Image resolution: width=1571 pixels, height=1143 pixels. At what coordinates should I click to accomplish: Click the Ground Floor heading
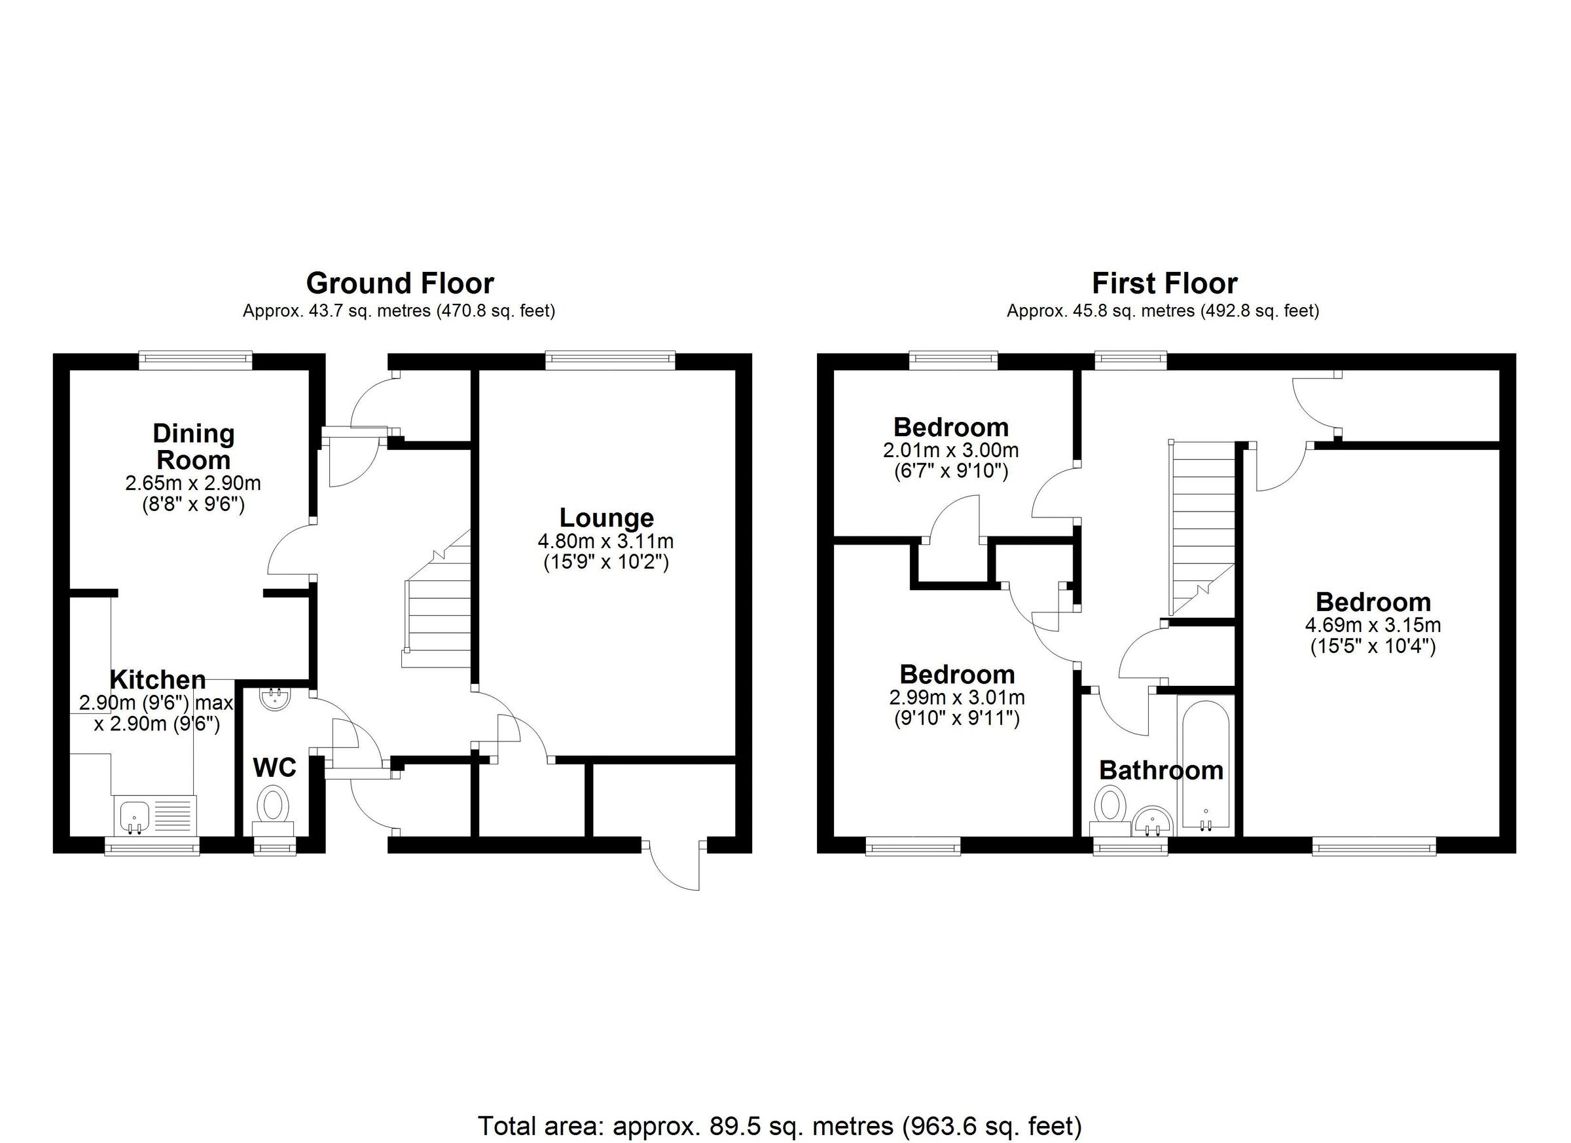[x=400, y=284]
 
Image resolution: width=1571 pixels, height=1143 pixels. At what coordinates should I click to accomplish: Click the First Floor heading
[x=1165, y=284]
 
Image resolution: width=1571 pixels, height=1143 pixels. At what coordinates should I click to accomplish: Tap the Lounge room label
[x=606, y=517]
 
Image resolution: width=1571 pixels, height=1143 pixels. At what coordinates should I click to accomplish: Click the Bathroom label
[x=1161, y=770]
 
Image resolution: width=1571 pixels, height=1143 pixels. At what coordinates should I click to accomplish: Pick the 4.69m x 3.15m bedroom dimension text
[x=1373, y=624]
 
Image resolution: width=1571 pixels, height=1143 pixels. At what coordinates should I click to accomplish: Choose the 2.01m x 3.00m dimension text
[x=950, y=451]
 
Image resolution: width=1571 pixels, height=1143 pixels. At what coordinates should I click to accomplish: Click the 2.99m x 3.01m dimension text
[x=956, y=698]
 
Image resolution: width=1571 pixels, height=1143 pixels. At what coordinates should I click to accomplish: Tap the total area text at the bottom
[x=779, y=1126]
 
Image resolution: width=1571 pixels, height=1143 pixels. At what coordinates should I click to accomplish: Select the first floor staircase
[x=1202, y=527]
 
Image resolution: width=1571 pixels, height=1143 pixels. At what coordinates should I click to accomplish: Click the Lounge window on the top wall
[x=609, y=358]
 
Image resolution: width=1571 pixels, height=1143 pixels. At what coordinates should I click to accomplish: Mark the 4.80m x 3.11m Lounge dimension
[x=605, y=540]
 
